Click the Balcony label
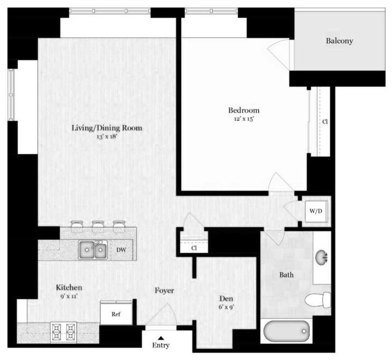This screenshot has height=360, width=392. coord(339,41)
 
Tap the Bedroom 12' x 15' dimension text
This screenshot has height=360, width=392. coord(244,119)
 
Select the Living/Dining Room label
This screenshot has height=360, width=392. coord(107,128)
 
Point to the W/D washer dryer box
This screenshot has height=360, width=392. coord(316,211)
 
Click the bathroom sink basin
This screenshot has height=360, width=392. coord(322,257)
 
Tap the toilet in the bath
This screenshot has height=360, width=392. coord(318,300)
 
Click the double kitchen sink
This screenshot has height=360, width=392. coord(93,249)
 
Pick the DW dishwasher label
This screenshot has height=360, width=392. coord(121,249)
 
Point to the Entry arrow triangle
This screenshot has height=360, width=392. coord(161,338)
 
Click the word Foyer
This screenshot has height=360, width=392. coord(164,290)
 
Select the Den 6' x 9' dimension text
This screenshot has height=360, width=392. coord(226,307)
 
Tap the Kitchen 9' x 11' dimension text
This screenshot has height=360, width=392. coord(69,296)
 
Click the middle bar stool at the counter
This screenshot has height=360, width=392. coord(98,226)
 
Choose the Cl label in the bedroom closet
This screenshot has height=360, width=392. coord(325,122)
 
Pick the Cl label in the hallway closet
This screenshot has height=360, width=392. coord(194,248)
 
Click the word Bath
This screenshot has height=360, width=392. coord(287,275)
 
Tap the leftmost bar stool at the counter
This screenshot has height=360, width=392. coord(77,226)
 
